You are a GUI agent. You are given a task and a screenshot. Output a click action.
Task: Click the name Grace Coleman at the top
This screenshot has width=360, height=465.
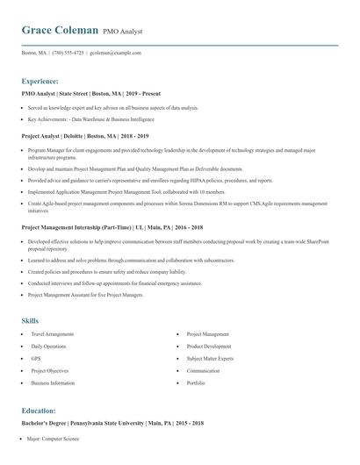coord(60,30)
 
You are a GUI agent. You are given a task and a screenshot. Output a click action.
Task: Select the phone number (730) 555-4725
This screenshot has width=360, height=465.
coord(68,53)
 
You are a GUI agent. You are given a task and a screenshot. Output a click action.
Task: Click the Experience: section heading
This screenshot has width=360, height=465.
coord(40,81)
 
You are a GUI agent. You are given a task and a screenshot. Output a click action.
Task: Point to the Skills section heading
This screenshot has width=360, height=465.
coord(30,320)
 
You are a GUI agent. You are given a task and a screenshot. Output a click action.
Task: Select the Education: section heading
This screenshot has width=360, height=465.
coord(39,411)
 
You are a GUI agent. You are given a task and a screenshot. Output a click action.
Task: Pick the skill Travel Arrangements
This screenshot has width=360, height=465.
coord(53,334)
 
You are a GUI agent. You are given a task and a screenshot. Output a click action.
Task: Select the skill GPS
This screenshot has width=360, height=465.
coord(36,359)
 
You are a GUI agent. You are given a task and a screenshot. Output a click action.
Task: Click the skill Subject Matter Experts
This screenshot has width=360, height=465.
coord(211,359)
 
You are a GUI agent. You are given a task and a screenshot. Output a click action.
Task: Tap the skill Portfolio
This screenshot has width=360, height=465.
coord(196,383)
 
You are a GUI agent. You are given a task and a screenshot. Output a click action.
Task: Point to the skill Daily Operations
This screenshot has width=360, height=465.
coord(48,347)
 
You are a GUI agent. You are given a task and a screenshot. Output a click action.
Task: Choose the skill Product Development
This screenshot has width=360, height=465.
coord(209,347)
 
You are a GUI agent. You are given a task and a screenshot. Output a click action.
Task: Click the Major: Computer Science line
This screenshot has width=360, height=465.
coord(54,439)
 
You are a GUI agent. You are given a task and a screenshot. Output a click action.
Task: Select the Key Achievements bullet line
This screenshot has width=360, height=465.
coord(91,118)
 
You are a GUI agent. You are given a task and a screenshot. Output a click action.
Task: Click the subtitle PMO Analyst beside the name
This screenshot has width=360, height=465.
coord(123,32)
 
